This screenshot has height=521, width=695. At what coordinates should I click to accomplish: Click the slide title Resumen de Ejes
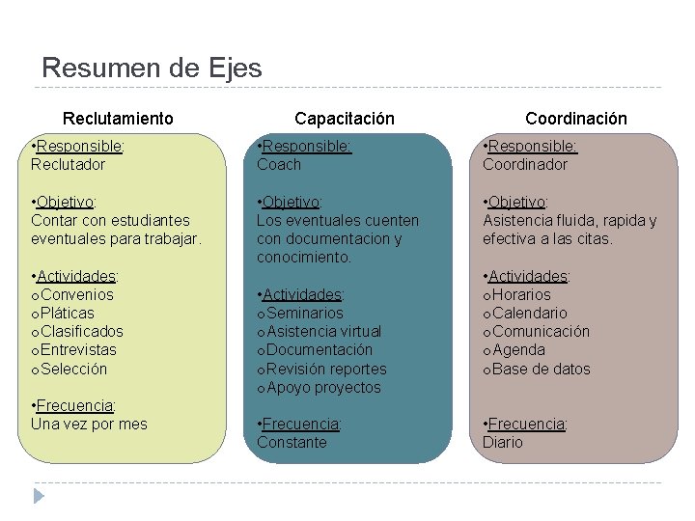(152, 69)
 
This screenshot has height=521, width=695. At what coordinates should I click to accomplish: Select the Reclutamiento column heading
(118, 119)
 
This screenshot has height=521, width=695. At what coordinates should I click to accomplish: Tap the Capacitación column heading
(345, 119)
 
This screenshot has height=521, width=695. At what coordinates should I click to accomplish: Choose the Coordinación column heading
(575, 119)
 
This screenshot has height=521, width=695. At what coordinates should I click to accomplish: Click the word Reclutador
(68, 165)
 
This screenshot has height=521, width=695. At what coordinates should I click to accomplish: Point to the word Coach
(279, 165)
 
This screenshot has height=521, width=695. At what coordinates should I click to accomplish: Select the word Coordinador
(525, 165)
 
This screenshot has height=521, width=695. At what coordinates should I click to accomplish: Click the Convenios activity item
(76, 295)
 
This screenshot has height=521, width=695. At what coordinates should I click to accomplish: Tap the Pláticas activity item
(68, 314)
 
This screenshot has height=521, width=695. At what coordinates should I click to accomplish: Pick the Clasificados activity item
(81, 332)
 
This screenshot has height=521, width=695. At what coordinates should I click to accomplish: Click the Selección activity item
(73, 370)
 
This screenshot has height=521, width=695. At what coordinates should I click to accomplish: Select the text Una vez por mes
(89, 425)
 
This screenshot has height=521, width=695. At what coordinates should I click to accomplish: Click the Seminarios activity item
(304, 314)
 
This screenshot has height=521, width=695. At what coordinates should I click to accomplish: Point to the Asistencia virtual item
(323, 332)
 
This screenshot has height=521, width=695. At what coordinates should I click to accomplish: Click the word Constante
(292, 443)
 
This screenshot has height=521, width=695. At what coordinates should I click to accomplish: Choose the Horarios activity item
(521, 295)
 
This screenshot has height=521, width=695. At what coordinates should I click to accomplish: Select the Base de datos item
(541, 370)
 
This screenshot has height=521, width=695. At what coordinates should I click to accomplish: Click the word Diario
(503, 443)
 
